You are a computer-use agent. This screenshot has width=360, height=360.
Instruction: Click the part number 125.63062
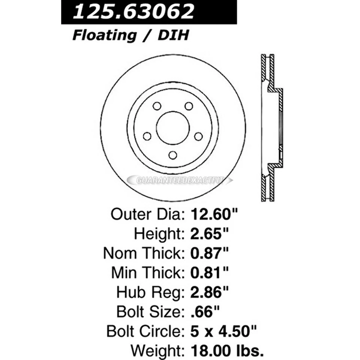point(134,12)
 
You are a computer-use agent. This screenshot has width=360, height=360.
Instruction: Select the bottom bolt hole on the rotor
point(172,155)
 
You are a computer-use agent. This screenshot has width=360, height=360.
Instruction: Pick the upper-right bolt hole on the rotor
point(189,106)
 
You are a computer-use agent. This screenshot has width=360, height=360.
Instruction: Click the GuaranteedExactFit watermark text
point(180,180)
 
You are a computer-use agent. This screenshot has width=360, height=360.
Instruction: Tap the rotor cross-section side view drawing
point(271,127)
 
